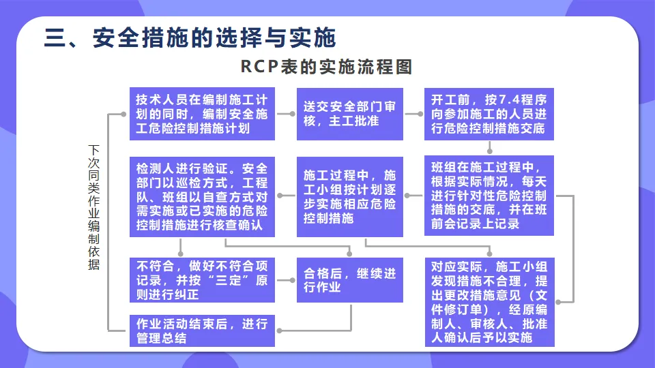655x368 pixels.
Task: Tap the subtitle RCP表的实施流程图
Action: pyautogui.click(x=327, y=67)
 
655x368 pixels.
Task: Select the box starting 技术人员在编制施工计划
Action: pyautogui.click(x=202, y=114)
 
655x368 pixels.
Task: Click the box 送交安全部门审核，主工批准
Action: pyautogui.click(x=349, y=114)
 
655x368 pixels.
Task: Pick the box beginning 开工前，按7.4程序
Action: pyautogui.click(x=489, y=114)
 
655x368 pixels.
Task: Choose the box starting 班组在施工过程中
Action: pyautogui.click(x=489, y=196)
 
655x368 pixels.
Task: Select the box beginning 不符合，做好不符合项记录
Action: pyautogui.click(x=202, y=279)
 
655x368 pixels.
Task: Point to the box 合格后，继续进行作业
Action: pyautogui.click(x=349, y=279)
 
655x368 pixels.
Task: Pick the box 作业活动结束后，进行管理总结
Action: pyautogui.click(x=202, y=330)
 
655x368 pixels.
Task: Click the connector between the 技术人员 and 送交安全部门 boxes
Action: pyautogui.click(x=286, y=114)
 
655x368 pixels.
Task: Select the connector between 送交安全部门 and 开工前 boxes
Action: pyautogui.click(x=413, y=114)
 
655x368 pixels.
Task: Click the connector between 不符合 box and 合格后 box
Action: pyautogui.click(x=286, y=279)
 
